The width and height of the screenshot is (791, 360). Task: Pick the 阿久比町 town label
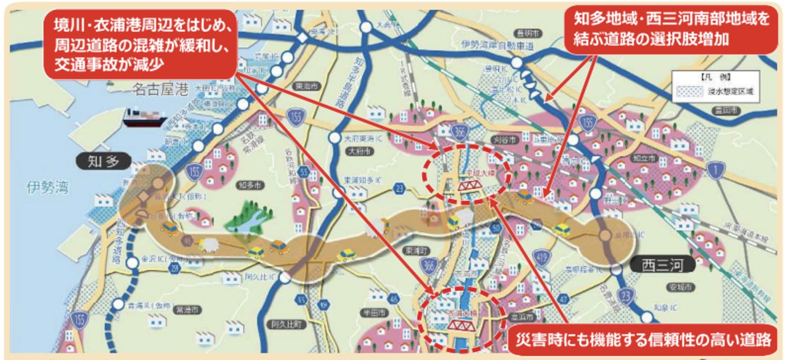click(x=286, y=324)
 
